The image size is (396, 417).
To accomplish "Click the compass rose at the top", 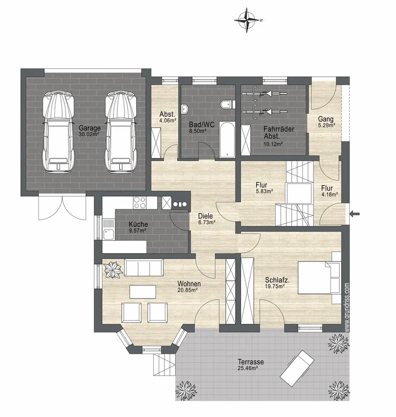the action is tap(247, 20).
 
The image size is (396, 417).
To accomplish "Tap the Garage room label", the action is tap(90, 128).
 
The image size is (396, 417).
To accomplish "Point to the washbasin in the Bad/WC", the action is tap(185, 108).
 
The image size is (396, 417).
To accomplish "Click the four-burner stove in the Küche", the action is tap(140, 203).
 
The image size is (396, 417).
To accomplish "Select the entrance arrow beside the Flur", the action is tap(355, 213).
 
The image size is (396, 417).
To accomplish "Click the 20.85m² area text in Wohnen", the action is tap(187, 290).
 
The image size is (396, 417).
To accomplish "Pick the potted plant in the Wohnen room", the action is tap(113, 270).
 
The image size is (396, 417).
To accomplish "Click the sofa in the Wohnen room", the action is tap(144, 268).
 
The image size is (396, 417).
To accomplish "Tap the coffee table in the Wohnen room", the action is tap(143, 292).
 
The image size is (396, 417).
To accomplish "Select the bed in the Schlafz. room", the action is tap(319, 278).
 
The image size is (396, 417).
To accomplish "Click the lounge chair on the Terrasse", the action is tap(297, 368).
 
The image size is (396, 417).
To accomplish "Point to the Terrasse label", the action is tap(251, 362).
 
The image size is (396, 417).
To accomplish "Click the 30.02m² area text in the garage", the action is tap(89, 134).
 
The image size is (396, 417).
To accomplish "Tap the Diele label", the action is tap(206, 216).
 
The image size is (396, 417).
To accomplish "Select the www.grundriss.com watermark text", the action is tap(347, 307).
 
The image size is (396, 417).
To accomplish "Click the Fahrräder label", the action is tap(279, 129).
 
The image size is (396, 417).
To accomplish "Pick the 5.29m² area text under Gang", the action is tap(326, 125).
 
